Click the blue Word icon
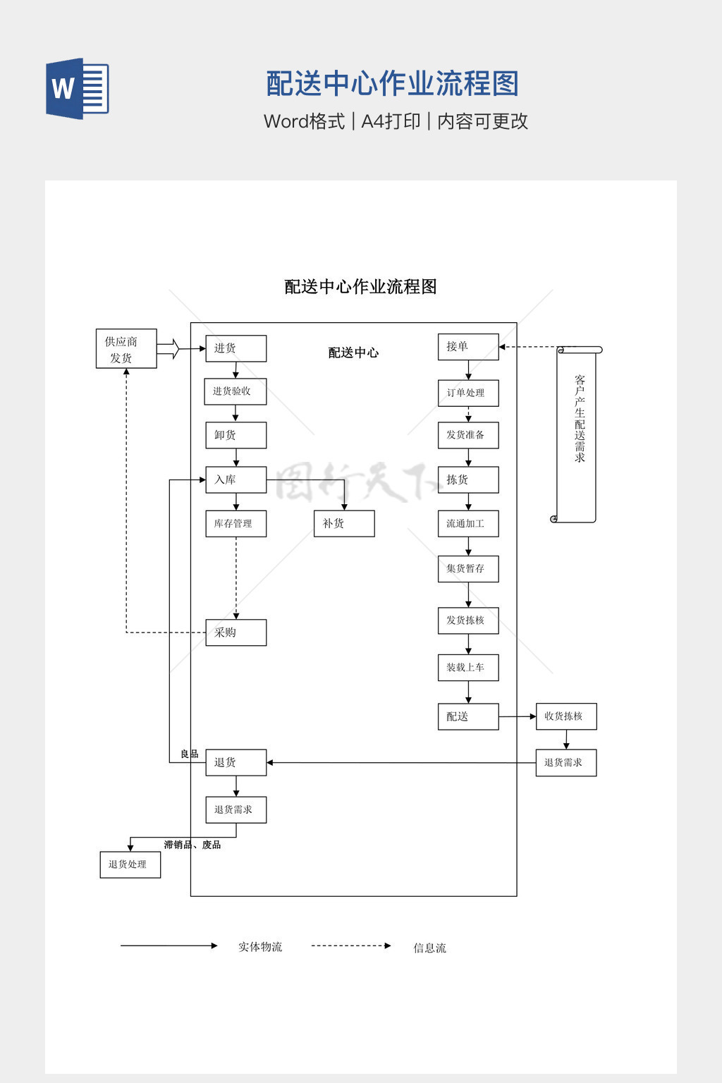click(x=78, y=89)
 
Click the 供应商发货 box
click(x=126, y=349)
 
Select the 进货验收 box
click(x=235, y=391)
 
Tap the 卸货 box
click(x=235, y=435)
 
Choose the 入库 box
click(x=235, y=479)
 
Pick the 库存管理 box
click(x=235, y=524)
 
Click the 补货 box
click(x=344, y=524)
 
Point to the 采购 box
click(x=235, y=632)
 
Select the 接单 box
click(x=468, y=347)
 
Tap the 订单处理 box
click(x=468, y=393)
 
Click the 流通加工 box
click(x=468, y=524)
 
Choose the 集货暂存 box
click(x=468, y=568)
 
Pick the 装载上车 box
click(x=468, y=668)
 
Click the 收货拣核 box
click(x=566, y=716)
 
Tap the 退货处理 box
click(x=130, y=864)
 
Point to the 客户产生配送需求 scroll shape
click(x=577, y=434)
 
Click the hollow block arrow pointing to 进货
click(x=169, y=348)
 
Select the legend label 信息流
click(x=429, y=948)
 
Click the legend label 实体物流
click(x=260, y=947)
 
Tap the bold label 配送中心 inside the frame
click(x=353, y=353)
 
